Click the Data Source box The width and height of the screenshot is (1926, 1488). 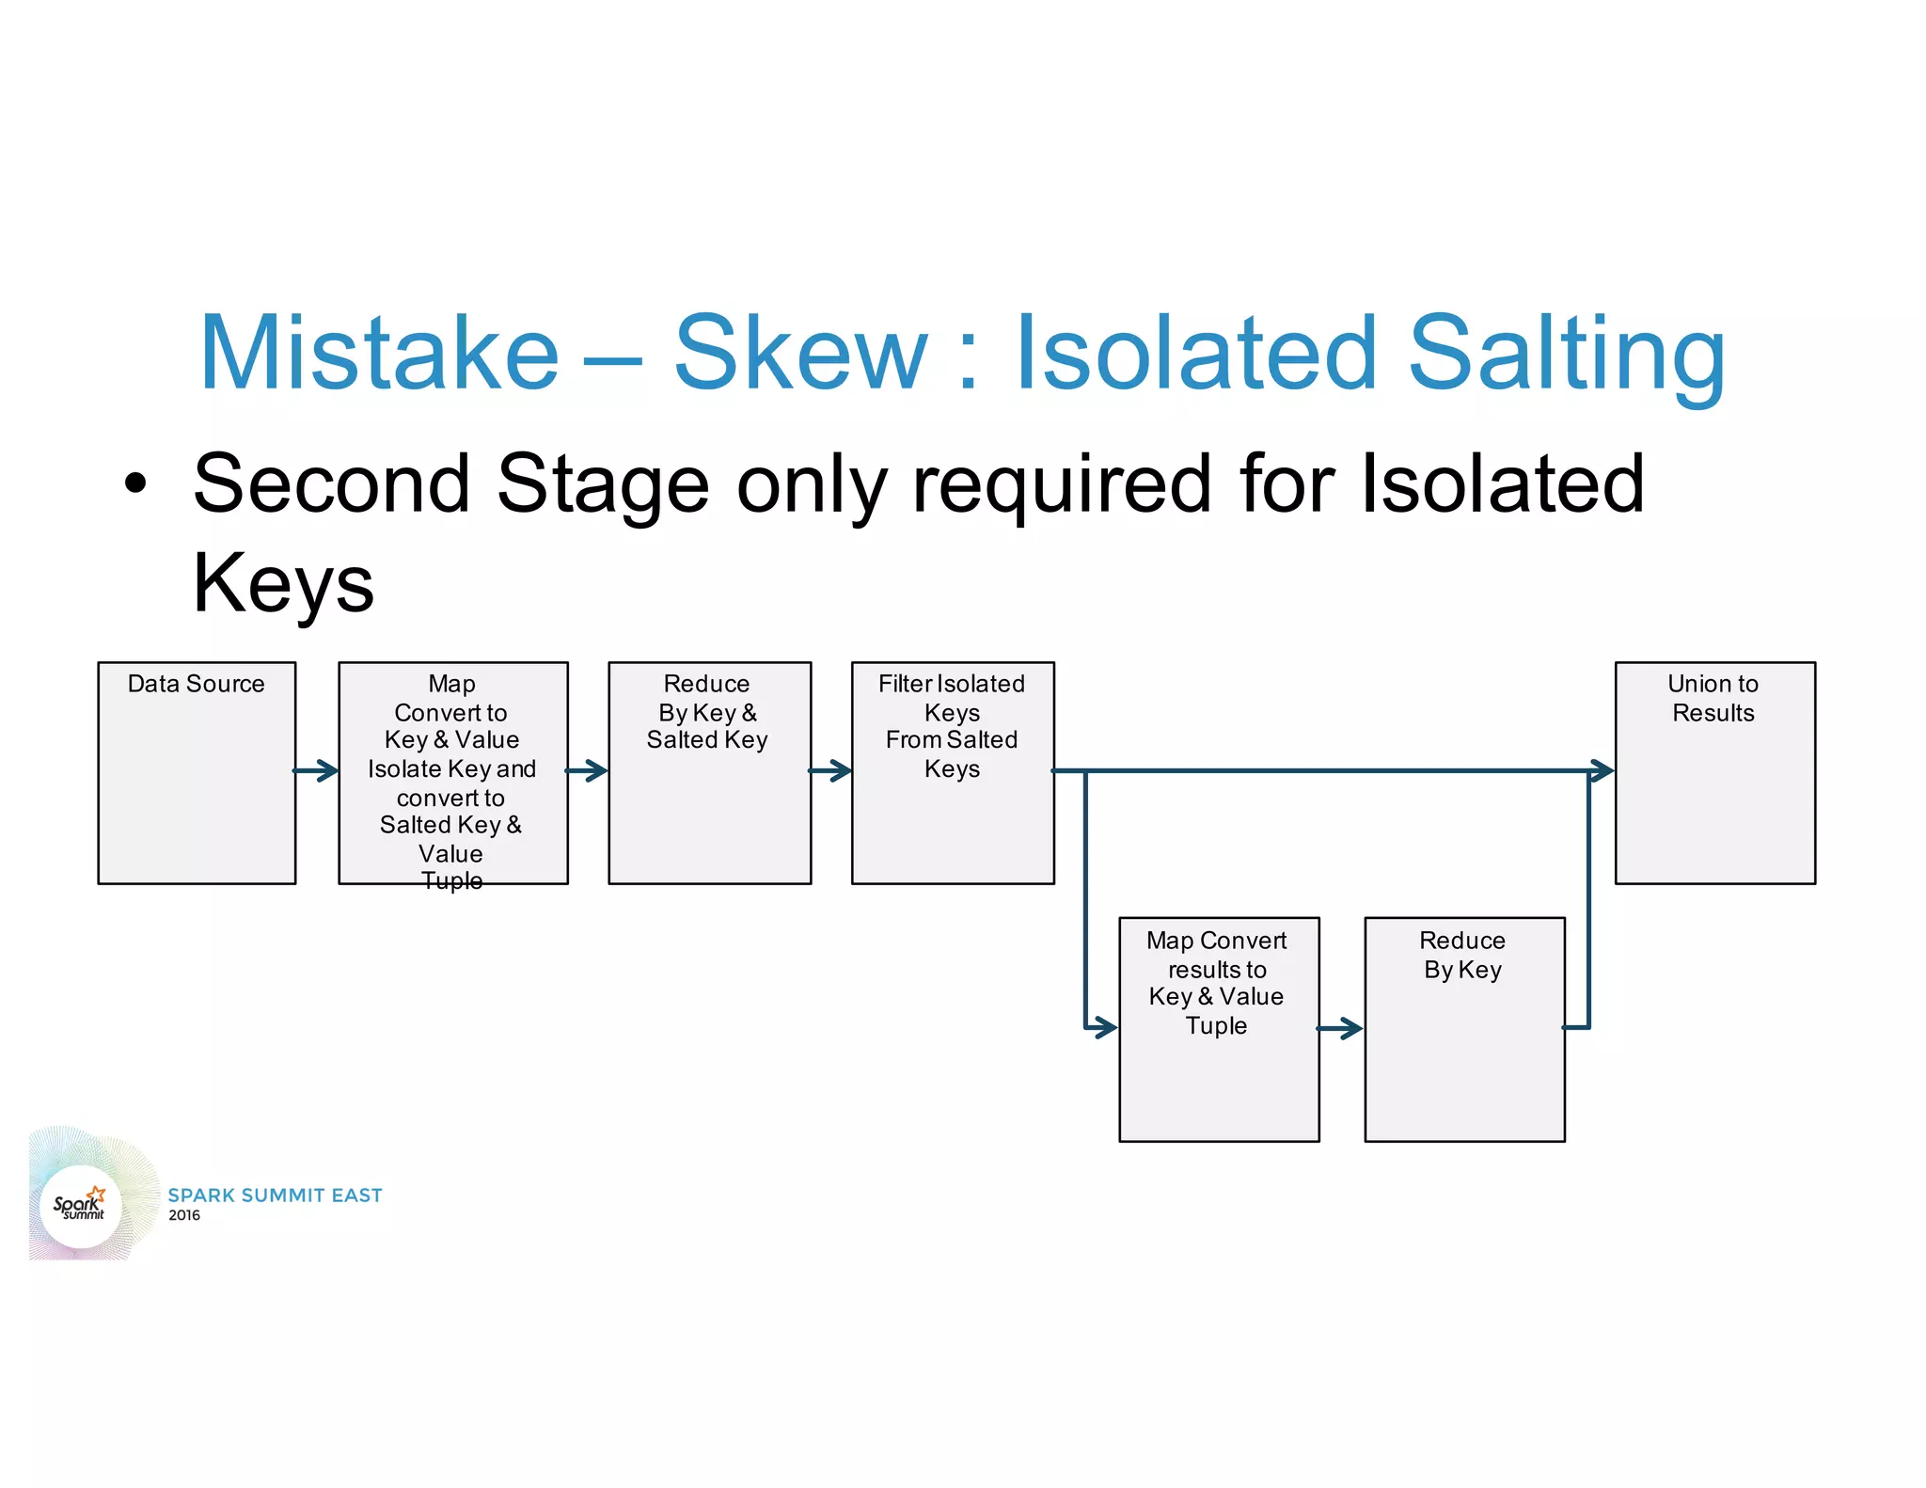[x=197, y=772]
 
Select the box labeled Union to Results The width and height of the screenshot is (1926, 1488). [x=1714, y=772]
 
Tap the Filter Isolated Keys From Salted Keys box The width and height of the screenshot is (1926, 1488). [x=953, y=772]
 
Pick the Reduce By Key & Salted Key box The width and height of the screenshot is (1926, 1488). [x=709, y=772]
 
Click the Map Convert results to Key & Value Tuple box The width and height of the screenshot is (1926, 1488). [x=1219, y=1029]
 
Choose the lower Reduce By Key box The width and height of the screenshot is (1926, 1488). [x=1464, y=1029]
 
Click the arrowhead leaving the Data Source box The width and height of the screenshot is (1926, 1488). [x=325, y=771]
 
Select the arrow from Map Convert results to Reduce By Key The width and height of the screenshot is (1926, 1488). [x=1341, y=1028]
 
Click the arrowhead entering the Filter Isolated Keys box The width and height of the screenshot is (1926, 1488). [x=840, y=771]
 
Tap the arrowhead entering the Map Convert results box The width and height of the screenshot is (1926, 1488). [x=1105, y=1027]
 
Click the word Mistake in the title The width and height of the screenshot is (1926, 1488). [x=379, y=354]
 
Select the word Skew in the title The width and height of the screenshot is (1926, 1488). [x=800, y=354]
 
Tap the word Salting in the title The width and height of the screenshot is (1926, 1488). [x=1566, y=354]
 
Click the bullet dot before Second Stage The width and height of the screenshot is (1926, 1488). [x=136, y=483]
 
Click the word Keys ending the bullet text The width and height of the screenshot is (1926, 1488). [x=283, y=583]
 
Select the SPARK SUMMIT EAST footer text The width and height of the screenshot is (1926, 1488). [x=275, y=1195]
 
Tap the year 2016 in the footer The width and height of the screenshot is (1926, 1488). [x=184, y=1215]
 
